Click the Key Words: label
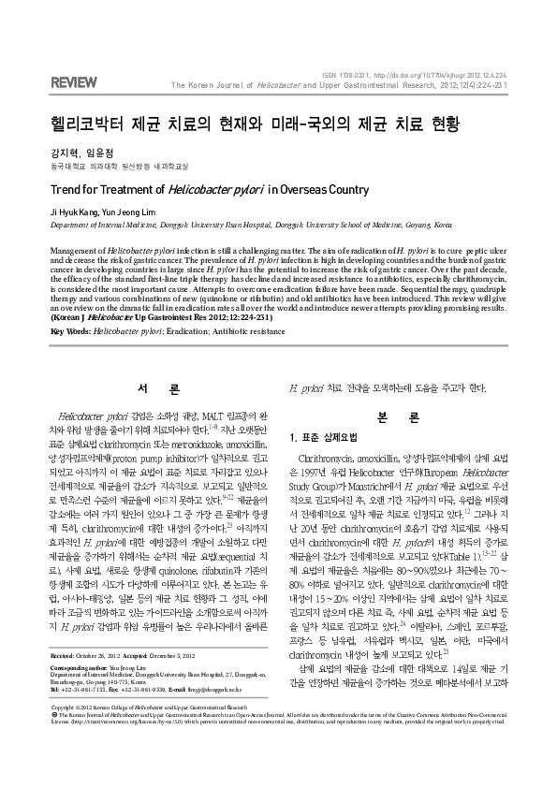pos(70,330)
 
